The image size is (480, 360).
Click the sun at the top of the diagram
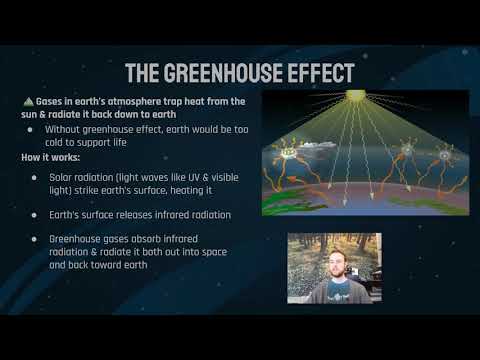coord(356,96)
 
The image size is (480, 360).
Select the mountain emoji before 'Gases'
coord(27,102)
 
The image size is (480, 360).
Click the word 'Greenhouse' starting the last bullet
coord(79,240)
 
